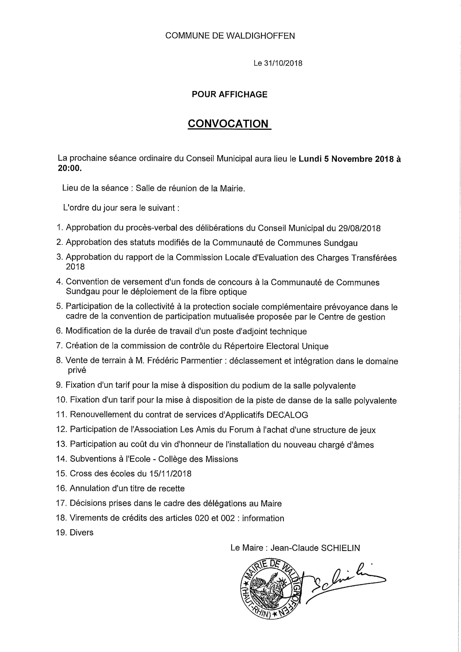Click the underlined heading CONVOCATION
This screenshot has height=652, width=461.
[x=228, y=124]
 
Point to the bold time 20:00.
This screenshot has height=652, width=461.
[x=70, y=168]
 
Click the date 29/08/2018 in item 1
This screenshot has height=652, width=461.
[x=359, y=228]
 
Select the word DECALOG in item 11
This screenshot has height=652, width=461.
[x=287, y=415]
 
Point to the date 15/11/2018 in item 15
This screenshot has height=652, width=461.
[x=170, y=474]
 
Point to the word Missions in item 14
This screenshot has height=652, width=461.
[x=222, y=459]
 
